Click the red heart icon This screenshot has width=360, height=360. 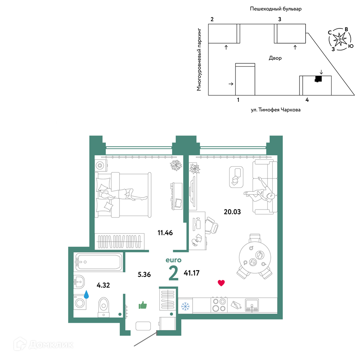click(221, 283)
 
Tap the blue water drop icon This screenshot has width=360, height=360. click(86, 294)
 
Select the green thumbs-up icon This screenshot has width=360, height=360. click(143, 305)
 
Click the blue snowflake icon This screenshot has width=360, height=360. click(185, 306)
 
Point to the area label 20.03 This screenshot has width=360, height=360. click(232, 212)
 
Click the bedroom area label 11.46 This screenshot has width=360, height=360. click(165, 233)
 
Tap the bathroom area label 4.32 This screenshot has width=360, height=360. click(103, 285)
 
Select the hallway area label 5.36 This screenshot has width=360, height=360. click(144, 274)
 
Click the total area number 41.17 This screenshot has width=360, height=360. click(192, 273)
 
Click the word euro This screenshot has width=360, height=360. click(174, 260)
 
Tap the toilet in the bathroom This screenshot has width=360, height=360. click(104, 307)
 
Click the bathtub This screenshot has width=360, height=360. click(99, 262)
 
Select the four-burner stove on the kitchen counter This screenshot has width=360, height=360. click(219, 305)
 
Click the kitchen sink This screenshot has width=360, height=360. click(252, 305)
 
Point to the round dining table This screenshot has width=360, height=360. click(255, 257)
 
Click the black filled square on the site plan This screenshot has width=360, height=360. click(318, 79)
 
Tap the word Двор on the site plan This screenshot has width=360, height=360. click(275, 58)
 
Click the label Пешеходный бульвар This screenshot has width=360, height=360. click(275, 9)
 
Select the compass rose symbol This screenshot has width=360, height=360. click(340, 39)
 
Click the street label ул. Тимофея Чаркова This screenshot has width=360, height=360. click(275, 110)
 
